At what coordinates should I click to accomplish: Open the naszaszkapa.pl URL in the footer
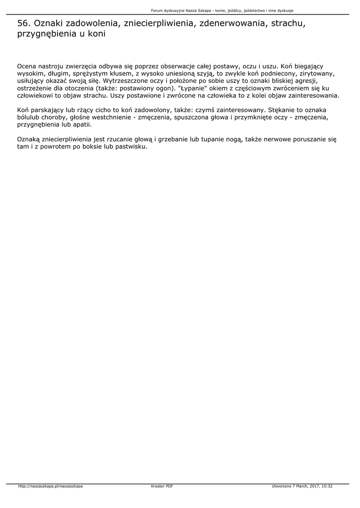point(50,486)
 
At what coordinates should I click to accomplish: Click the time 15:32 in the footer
point(327,486)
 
